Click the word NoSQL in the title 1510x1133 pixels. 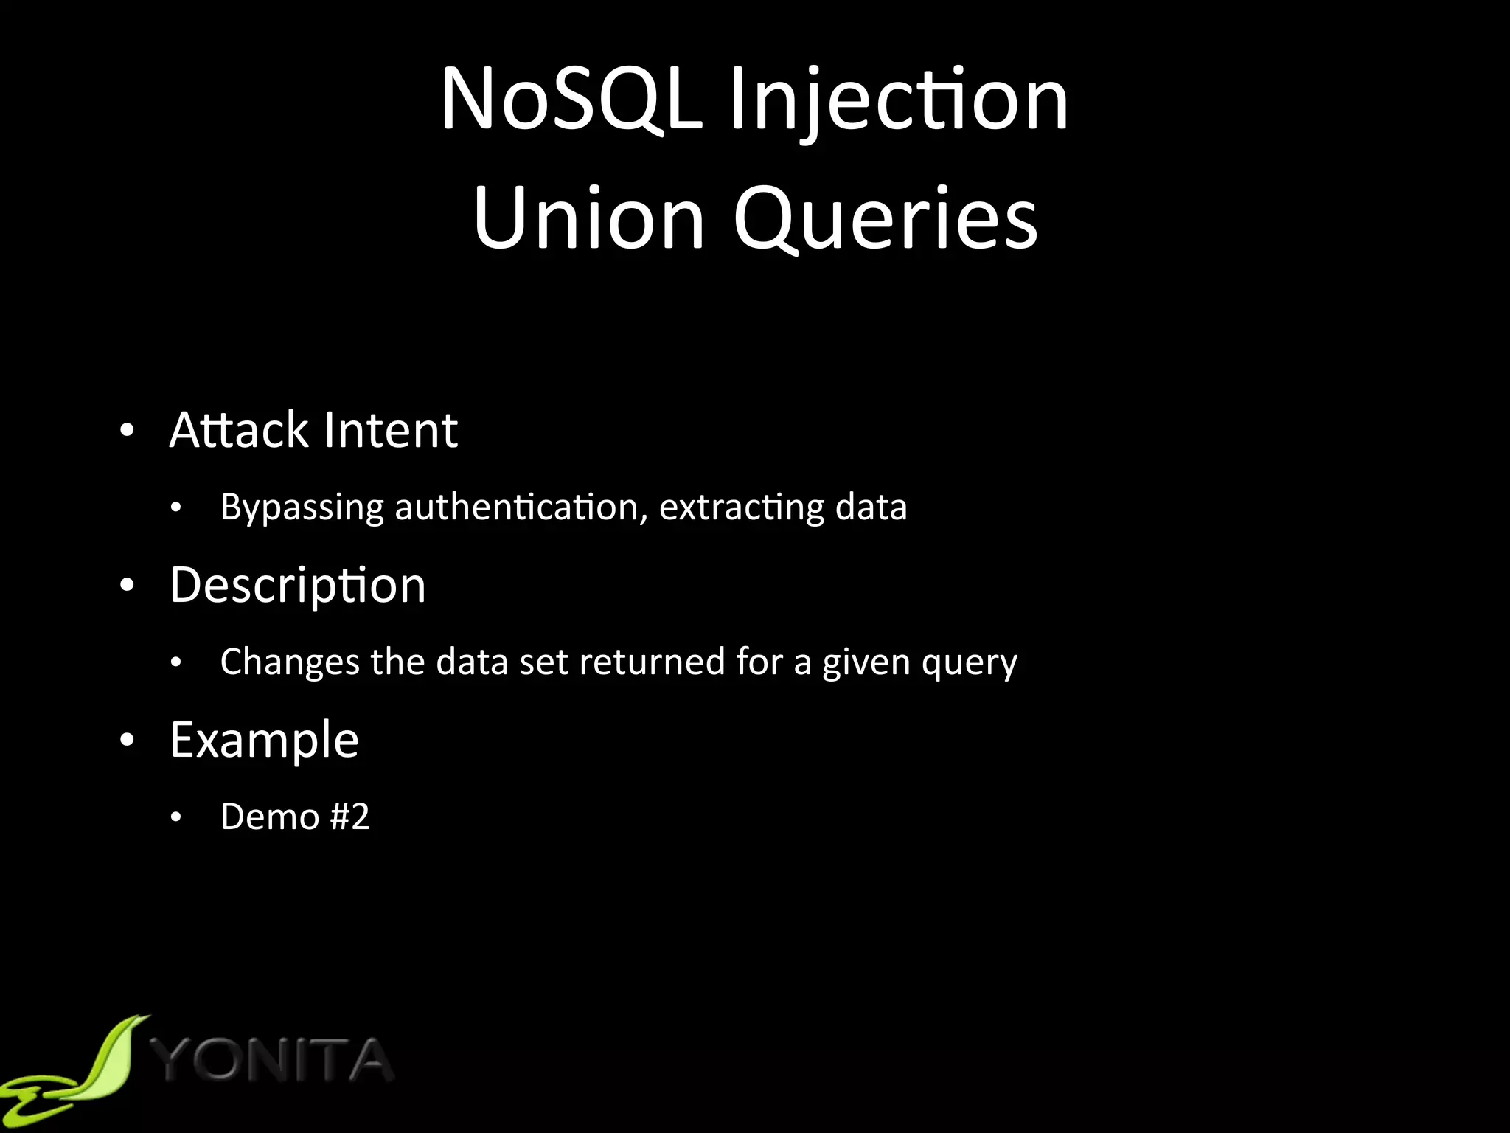click(571, 100)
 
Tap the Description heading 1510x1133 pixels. click(298, 586)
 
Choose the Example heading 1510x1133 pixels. click(264, 741)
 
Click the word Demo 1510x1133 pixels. click(270, 817)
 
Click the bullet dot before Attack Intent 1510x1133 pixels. click(128, 431)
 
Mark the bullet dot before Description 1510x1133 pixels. click(128, 586)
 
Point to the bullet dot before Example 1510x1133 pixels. click(128, 741)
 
